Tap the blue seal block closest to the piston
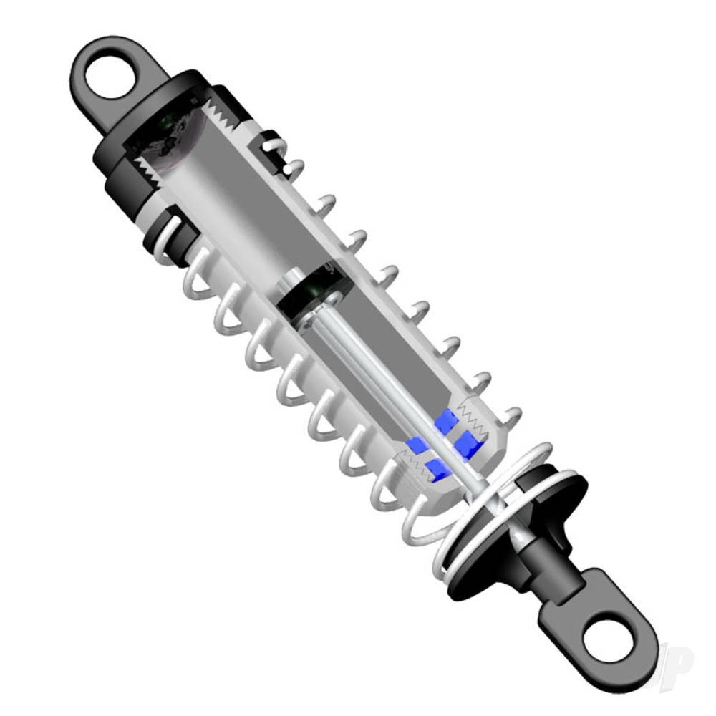pos(446,420)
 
